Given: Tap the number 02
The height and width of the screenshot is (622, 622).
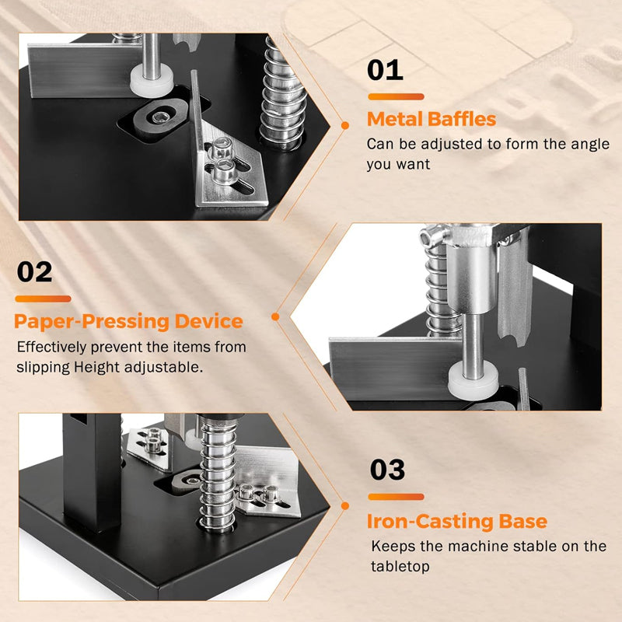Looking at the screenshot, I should pyautogui.click(x=35, y=272).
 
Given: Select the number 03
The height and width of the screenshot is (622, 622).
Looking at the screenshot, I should pyautogui.click(x=386, y=470).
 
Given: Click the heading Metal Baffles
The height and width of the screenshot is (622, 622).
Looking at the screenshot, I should pyautogui.click(x=431, y=120).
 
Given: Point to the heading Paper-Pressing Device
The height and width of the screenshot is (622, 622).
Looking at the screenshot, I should pyautogui.click(x=128, y=321).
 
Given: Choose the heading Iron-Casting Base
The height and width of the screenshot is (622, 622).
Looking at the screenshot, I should pyautogui.click(x=457, y=521).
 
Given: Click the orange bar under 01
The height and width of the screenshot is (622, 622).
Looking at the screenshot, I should pyautogui.click(x=395, y=97).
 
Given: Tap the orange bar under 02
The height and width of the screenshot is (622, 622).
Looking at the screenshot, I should pyautogui.click(x=43, y=299).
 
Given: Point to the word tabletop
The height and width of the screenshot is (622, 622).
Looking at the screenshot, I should pyautogui.click(x=400, y=567).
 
